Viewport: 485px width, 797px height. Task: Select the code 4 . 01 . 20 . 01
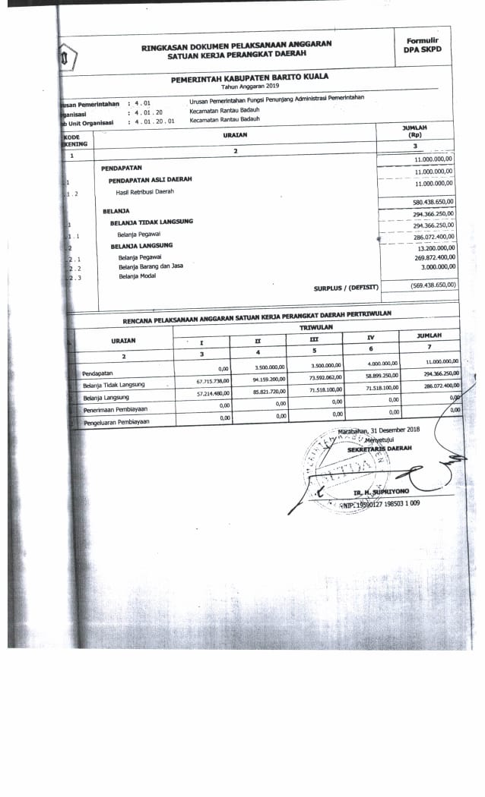point(154,121)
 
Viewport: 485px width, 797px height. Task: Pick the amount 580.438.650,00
point(433,202)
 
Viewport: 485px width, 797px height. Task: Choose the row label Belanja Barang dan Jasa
point(151,266)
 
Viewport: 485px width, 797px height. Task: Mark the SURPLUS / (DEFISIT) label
point(346,288)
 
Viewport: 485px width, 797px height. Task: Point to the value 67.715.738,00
point(212,381)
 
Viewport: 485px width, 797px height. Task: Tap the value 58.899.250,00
point(382,375)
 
